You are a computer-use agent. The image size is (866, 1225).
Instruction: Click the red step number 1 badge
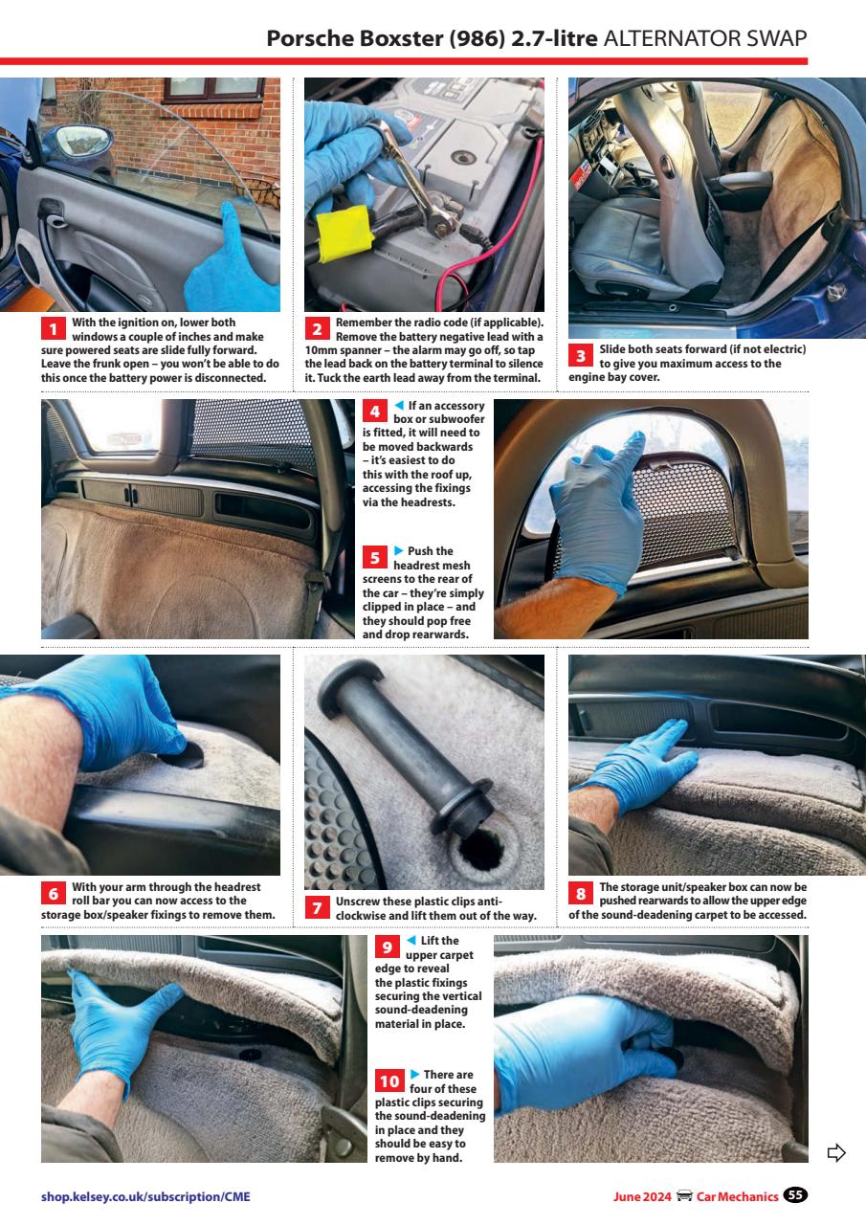[x=54, y=329]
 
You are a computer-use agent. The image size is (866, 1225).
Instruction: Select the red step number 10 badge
[x=389, y=1081]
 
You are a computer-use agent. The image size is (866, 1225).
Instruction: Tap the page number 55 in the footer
[x=795, y=1194]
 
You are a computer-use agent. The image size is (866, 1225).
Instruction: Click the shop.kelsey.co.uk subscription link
[x=145, y=1195]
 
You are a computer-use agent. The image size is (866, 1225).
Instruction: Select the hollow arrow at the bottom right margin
[x=835, y=1151]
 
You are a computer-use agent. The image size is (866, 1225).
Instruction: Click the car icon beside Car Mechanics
[x=684, y=1195]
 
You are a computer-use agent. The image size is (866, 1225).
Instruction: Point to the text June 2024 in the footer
[x=642, y=1195]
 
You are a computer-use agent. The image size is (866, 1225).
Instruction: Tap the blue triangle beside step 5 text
[x=399, y=550]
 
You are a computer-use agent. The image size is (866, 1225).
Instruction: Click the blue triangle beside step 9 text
[x=411, y=941]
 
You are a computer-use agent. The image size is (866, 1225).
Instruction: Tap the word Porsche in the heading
[x=307, y=38]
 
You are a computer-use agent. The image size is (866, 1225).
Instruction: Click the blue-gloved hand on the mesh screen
[x=600, y=507]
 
